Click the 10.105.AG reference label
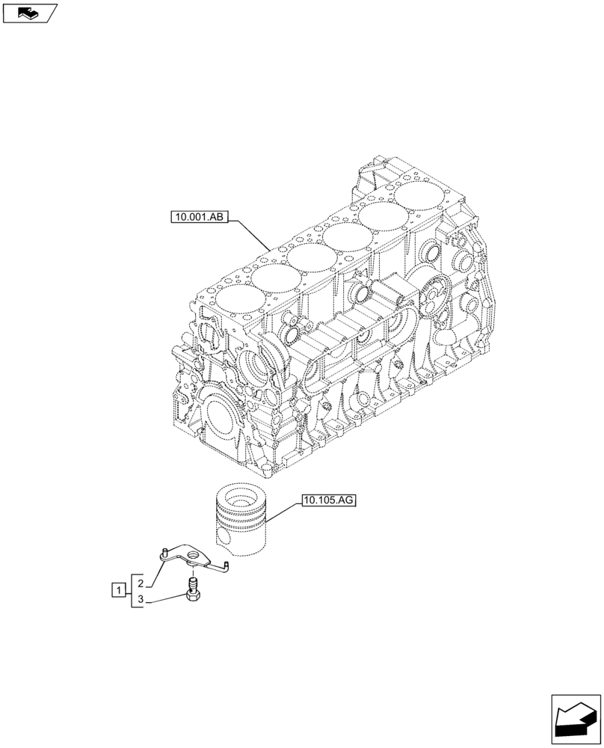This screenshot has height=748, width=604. pyautogui.click(x=329, y=501)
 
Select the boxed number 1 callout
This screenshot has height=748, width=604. pyautogui.click(x=117, y=590)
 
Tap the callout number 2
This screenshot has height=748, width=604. pyautogui.click(x=140, y=582)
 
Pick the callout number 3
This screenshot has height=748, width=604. pyautogui.click(x=140, y=599)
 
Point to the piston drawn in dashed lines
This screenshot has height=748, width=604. pyautogui.click(x=240, y=521)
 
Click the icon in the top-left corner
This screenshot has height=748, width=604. pyautogui.click(x=30, y=13)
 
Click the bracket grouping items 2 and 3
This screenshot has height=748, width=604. pyautogui.click(x=132, y=591)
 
